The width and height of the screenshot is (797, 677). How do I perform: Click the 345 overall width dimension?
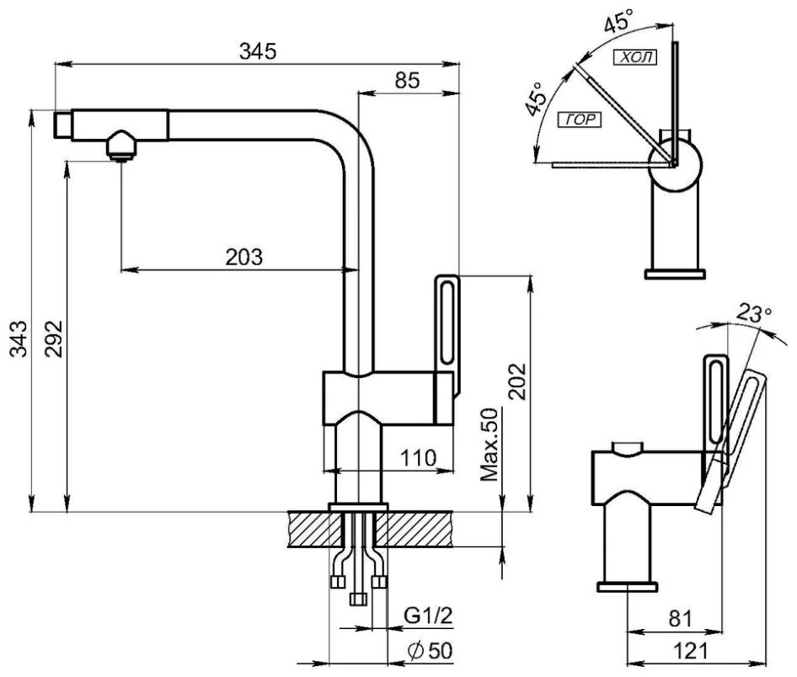pos(258,51)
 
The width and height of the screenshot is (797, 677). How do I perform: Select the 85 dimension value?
pos(407,80)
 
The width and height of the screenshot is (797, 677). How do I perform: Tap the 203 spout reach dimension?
pos(244,257)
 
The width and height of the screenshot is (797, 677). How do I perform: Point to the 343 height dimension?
pos(19,338)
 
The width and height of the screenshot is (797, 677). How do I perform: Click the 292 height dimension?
pos(53,338)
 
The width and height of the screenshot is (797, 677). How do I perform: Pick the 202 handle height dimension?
pos(518,381)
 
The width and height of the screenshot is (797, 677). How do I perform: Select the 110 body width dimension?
pos(419,458)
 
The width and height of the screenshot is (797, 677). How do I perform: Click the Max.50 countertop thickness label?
pos(490,445)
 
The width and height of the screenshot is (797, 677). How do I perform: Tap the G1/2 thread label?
pos(428,616)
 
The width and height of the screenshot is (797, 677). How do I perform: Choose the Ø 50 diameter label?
pos(430,651)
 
